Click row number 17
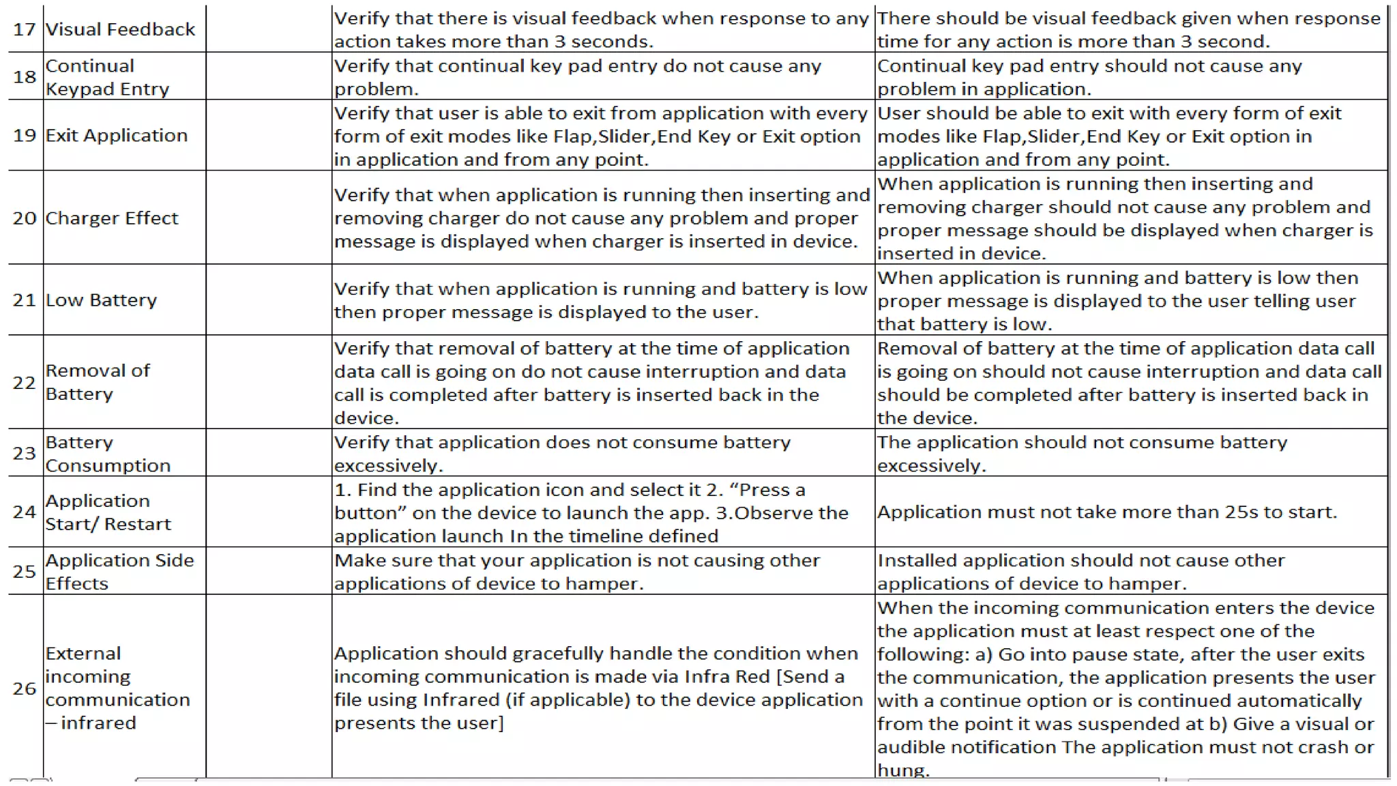tap(25, 29)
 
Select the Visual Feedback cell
tap(120, 29)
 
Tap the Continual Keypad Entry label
tap(107, 77)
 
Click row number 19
tap(25, 135)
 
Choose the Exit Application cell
tap(117, 135)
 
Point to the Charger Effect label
tap(112, 218)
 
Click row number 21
tap(25, 300)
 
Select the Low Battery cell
tap(101, 300)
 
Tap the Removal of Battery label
tap(98, 382)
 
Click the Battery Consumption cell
tap(108, 454)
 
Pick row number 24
tap(25, 512)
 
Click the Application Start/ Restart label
tap(108, 512)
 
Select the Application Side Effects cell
tap(119, 572)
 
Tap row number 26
tap(25, 688)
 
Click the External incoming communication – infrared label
tap(117, 688)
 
